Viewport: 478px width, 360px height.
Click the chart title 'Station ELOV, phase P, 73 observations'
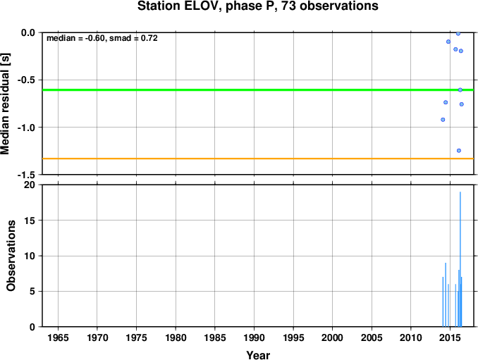point(258,6)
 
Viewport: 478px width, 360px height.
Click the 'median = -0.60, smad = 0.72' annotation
point(102,38)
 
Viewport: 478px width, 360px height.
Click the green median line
point(258,90)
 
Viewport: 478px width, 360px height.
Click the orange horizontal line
point(258,159)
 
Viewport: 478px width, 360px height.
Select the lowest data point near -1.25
point(459,151)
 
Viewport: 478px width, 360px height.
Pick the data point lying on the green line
point(460,90)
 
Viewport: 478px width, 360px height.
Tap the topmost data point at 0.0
point(458,34)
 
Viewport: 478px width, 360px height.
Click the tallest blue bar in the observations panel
point(460,259)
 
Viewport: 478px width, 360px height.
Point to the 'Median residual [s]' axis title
point(5,104)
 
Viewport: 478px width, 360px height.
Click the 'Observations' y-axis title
point(11,256)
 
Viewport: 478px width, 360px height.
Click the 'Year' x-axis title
point(258,355)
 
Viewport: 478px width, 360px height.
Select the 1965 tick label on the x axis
point(58,337)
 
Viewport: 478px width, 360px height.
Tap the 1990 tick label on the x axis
point(254,337)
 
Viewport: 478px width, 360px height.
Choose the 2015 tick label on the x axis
point(450,337)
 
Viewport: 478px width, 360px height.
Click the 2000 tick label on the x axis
point(332,337)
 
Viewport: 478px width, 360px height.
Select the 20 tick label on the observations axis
point(30,185)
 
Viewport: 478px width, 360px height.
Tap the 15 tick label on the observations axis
point(30,221)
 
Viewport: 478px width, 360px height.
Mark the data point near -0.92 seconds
point(443,120)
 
